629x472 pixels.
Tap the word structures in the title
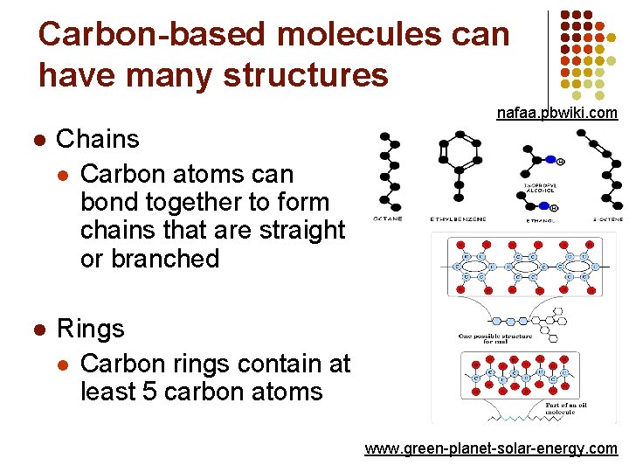pos(306,74)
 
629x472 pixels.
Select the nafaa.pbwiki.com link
pos(556,113)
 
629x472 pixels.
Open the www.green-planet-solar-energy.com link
pos(491,448)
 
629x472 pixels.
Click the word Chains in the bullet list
pos(98,139)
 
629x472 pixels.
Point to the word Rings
pos(91,329)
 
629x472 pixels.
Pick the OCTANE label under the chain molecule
pos(388,219)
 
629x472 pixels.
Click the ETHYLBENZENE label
pos(458,219)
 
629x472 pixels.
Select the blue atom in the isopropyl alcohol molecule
pos(550,160)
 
